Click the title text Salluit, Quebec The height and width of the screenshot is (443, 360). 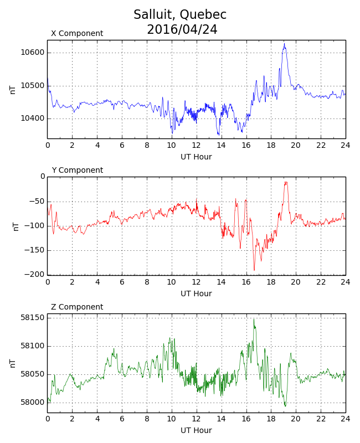point(180,15)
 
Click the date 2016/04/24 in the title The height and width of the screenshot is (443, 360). point(182,29)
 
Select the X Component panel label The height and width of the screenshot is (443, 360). point(77,33)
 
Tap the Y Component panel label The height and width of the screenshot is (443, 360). point(77,170)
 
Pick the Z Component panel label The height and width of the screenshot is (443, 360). point(77,307)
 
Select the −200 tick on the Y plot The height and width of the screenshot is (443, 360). point(34,275)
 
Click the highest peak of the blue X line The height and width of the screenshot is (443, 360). point(285,44)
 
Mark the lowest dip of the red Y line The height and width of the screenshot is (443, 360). point(254,270)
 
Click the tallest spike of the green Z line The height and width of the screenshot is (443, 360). point(254,319)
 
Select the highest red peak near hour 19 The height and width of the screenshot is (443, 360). point(286,182)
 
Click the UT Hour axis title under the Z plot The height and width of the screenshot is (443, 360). point(196,430)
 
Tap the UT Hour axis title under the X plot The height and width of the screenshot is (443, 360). point(196,157)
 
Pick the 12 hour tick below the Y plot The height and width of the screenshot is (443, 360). point(196,282)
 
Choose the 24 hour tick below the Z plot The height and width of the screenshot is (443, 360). point(345,419)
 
